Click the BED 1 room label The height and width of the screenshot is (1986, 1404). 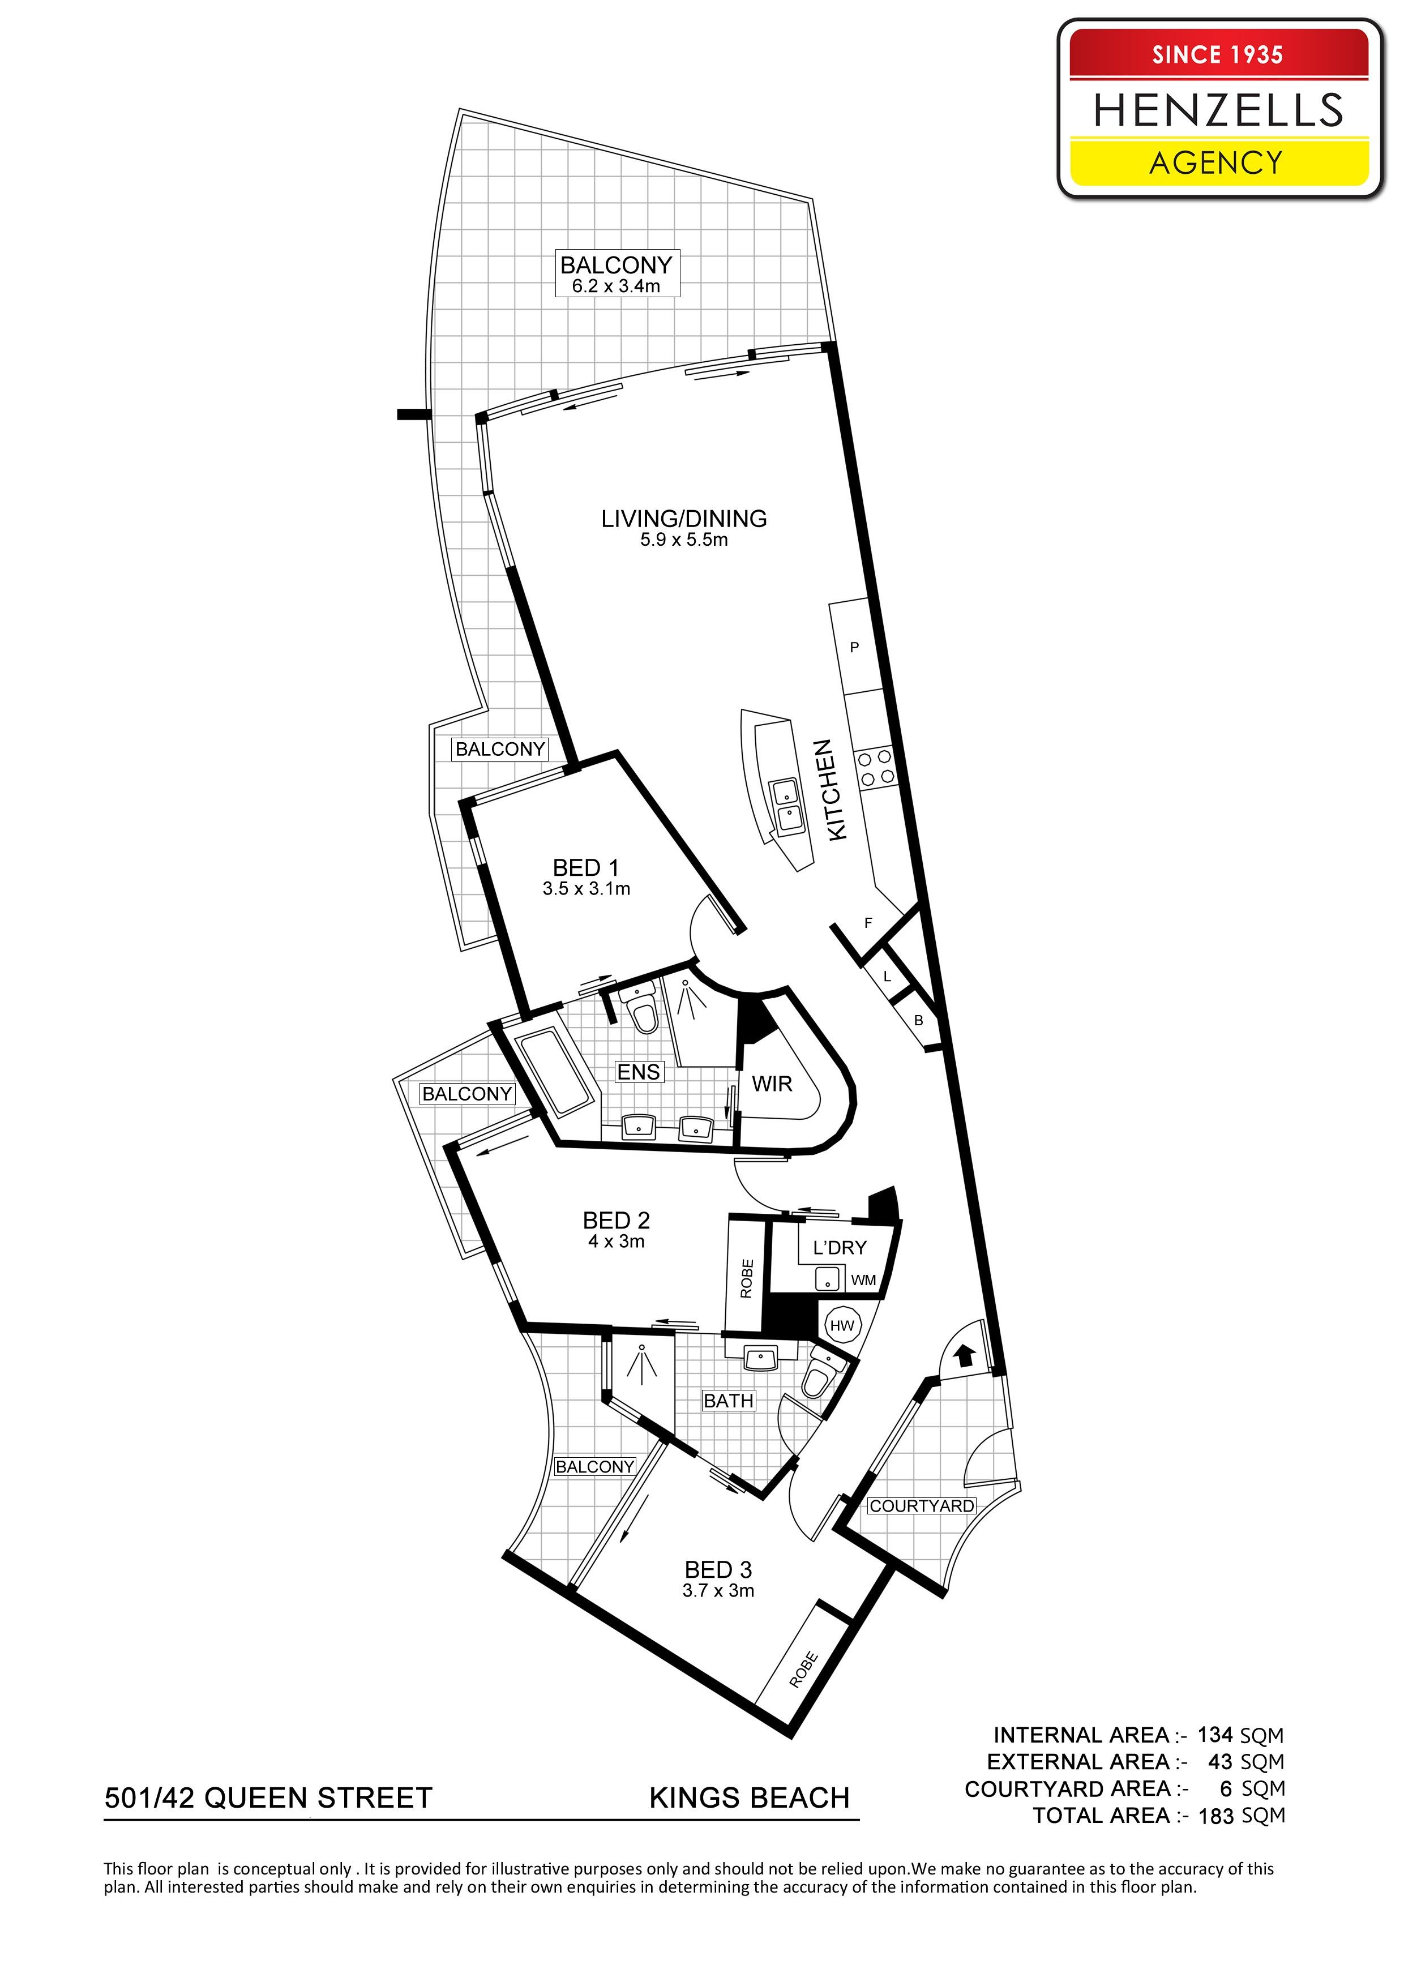click(x=585, y=867)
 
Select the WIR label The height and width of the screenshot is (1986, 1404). click(x=772, y=1084)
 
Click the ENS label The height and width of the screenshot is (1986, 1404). click(x=639, y=1072)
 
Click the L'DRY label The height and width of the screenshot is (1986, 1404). click(x=839, y=1247)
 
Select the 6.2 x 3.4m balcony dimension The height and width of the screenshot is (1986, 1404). click(x=616, y=286)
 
